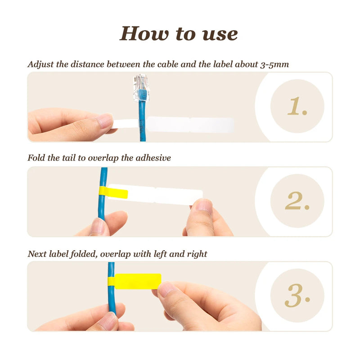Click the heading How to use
[x=179, y=34]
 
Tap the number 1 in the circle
[x=297, y=107]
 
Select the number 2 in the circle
[x=297, y=201]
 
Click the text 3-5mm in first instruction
[x=274, y=64]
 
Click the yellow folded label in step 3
[x=138, y=281]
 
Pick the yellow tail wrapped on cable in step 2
[x=113, y=193]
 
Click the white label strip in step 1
[x=189, y=125]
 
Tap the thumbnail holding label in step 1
[x=104, y=120]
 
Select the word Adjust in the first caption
[x=41, y=64]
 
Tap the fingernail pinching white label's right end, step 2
[x=204, y=206]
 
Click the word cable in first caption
[x=168, y=64]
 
